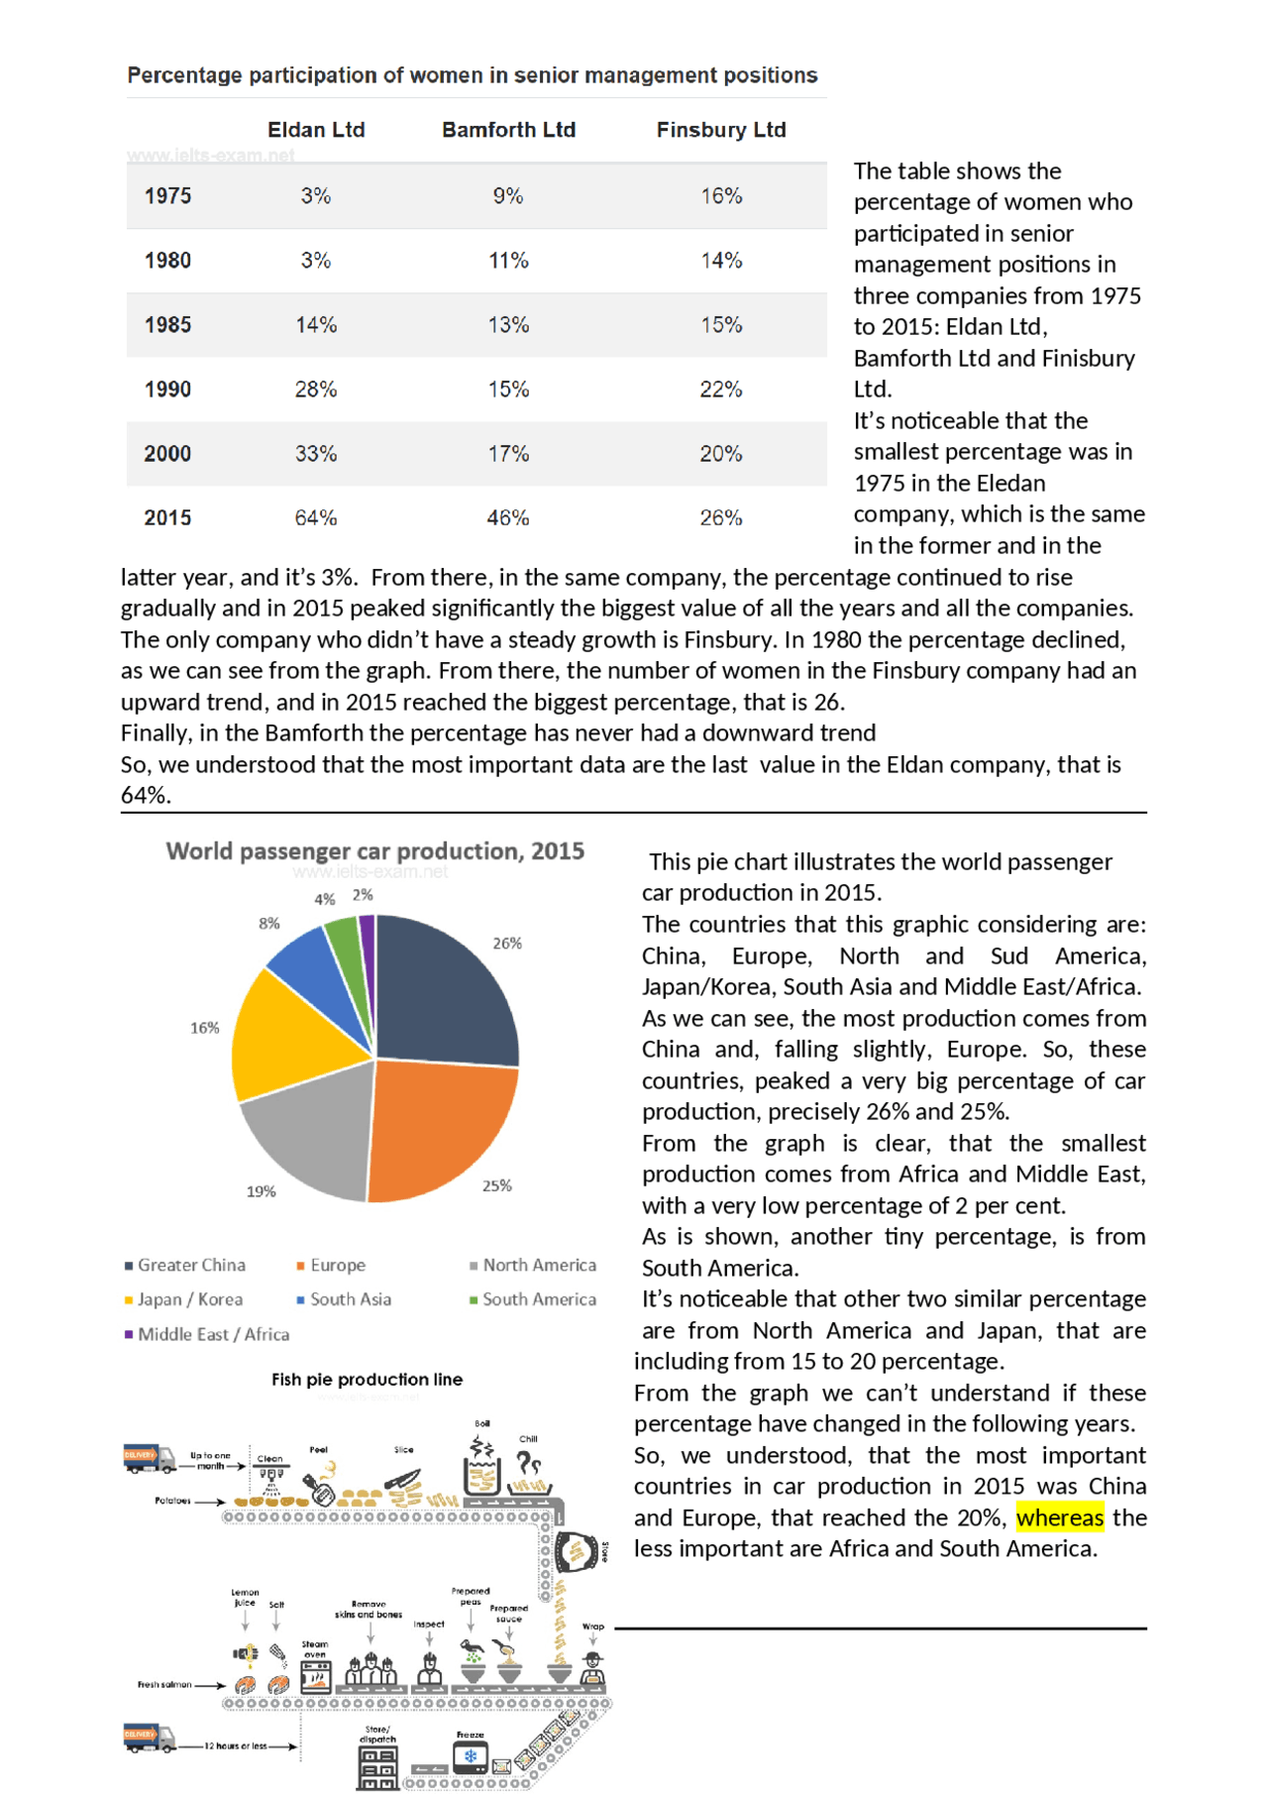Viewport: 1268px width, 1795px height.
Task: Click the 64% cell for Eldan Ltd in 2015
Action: click(316, 517)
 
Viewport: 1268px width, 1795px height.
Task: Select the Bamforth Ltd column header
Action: click(508, 130)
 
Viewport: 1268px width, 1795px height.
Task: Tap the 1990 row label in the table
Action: click(167, 389)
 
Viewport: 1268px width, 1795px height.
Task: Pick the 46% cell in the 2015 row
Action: click(508, 517)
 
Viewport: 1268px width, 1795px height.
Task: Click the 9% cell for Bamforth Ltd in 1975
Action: click(508, 195)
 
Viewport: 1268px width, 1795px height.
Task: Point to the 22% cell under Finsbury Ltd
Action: click(721, 389)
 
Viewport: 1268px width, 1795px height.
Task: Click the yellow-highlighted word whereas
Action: click(1059, 1517)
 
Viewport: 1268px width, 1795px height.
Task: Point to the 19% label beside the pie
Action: click(261, 1191)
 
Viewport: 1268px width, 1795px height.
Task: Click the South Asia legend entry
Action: click(350, 1299)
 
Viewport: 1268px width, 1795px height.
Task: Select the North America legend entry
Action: click(538, 1265)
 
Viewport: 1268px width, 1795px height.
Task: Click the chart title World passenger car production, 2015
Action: click(374, 851)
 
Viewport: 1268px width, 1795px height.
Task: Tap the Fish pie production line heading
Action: click(367, 1379)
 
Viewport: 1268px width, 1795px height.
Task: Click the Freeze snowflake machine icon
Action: click(471, 1756)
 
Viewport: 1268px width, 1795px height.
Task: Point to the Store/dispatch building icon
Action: click(377, 1767)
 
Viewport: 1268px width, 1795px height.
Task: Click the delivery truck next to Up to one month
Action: click(149, 1458)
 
